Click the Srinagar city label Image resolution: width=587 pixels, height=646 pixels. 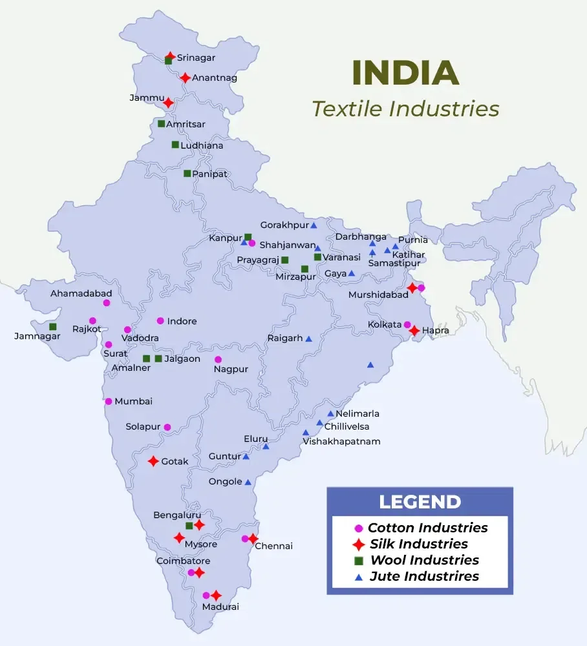196,58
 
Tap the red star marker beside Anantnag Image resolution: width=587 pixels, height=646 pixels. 186,78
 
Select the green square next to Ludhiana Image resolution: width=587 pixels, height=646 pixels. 175,145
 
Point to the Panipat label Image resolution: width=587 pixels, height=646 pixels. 210,174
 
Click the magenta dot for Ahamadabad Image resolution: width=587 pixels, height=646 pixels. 107,302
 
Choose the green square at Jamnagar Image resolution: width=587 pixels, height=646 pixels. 53,326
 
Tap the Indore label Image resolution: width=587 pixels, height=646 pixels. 182,321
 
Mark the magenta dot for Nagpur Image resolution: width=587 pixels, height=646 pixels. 218,359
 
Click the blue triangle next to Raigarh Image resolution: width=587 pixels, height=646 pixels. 308,339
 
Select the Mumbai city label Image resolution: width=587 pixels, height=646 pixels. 133,401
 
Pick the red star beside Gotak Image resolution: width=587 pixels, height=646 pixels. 153,461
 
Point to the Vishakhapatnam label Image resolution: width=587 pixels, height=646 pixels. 341,442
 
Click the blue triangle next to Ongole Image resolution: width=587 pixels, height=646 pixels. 248,482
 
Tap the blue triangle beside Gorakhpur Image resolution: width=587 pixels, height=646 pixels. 314,225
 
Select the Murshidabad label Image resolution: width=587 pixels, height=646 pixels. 378,295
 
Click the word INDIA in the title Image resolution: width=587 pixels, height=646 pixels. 405,73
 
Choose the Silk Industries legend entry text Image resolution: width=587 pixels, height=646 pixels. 418,544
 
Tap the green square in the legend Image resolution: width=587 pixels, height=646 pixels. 359,560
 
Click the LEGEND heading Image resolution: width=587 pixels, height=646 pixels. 420,502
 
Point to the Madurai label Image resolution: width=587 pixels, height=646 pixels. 220,607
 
